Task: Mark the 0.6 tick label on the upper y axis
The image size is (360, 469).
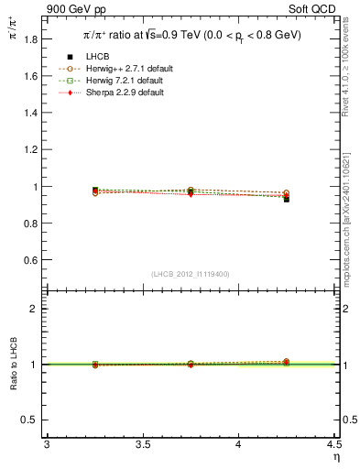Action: point(29,260)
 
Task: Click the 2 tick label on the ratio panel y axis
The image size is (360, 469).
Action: point(34,309)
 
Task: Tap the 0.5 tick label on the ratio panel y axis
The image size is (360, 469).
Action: point(29,420)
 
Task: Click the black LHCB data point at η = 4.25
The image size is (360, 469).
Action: point(287,199)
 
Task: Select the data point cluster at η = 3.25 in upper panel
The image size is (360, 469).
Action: point(95,191)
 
